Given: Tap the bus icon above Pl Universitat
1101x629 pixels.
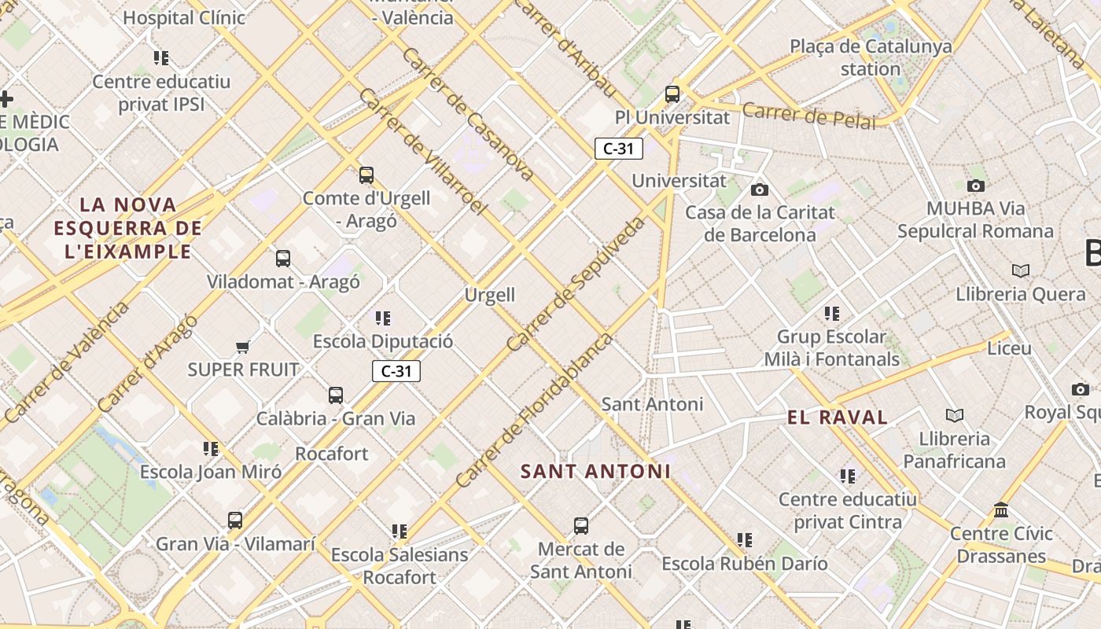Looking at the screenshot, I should (672, 94).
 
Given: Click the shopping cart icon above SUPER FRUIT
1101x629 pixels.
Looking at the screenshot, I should (243, 347).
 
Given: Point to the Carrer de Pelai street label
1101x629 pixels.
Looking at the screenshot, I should (808, 116).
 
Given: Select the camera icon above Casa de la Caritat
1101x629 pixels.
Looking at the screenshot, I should (760, 189).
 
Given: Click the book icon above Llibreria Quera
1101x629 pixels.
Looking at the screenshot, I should (1021, 271).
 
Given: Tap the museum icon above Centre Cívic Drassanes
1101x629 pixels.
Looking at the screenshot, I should (1001, 510).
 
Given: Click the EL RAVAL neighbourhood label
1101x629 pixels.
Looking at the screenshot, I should (838, 417).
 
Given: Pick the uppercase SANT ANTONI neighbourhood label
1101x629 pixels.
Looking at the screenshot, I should (595, 472).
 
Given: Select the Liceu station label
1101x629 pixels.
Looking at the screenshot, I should (1009, 348).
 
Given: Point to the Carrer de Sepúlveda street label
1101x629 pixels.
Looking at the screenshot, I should (576, 283).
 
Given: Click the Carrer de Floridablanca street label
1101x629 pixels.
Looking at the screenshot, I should (534, 410).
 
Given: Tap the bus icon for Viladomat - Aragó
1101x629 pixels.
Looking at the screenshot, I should (283, 258).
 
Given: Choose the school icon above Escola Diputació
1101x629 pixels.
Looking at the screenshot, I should (383, 318).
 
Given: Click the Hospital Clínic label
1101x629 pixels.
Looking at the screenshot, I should (184, 17).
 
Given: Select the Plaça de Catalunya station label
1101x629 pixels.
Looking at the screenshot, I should (871, 57).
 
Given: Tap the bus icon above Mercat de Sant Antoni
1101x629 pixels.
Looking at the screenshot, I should (581, 526).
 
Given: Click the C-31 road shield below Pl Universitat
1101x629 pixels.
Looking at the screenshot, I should (619, 149).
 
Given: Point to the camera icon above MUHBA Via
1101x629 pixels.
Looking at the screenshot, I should (976, 186).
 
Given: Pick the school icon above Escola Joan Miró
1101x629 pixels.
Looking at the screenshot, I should (211, 449).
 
